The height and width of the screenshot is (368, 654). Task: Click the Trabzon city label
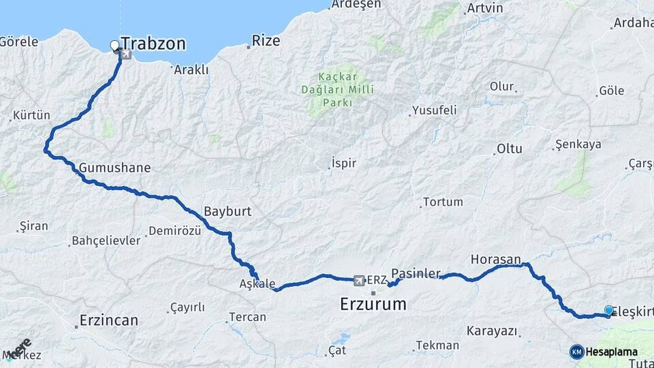click(x=153, y=44)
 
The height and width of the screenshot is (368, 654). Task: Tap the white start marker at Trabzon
click(x=114, y=46)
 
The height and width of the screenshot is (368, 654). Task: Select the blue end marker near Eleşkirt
click(x=608, y=309)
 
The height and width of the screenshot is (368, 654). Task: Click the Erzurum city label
click(x=373, y=304)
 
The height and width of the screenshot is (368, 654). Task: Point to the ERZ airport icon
click(x=359, y=279)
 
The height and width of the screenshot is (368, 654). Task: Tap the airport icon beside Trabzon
click(x=126, y=54)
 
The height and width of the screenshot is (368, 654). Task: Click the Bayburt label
click(x=228, y=211)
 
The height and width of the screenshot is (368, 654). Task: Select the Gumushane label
click(x=114, y=167)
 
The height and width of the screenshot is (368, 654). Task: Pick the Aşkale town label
click(x=258, y=283)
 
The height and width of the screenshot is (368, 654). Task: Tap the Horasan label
click(x=495, y=259)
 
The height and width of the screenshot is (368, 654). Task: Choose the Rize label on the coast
click(x=266, y=41)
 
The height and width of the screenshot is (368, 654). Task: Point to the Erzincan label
click(x=108, y=320)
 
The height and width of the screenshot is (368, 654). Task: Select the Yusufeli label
click(x=433, y=110)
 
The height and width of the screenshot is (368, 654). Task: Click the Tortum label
click(x=443, y=202)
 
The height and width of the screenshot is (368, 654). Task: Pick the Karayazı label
click(x=492, y=331)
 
